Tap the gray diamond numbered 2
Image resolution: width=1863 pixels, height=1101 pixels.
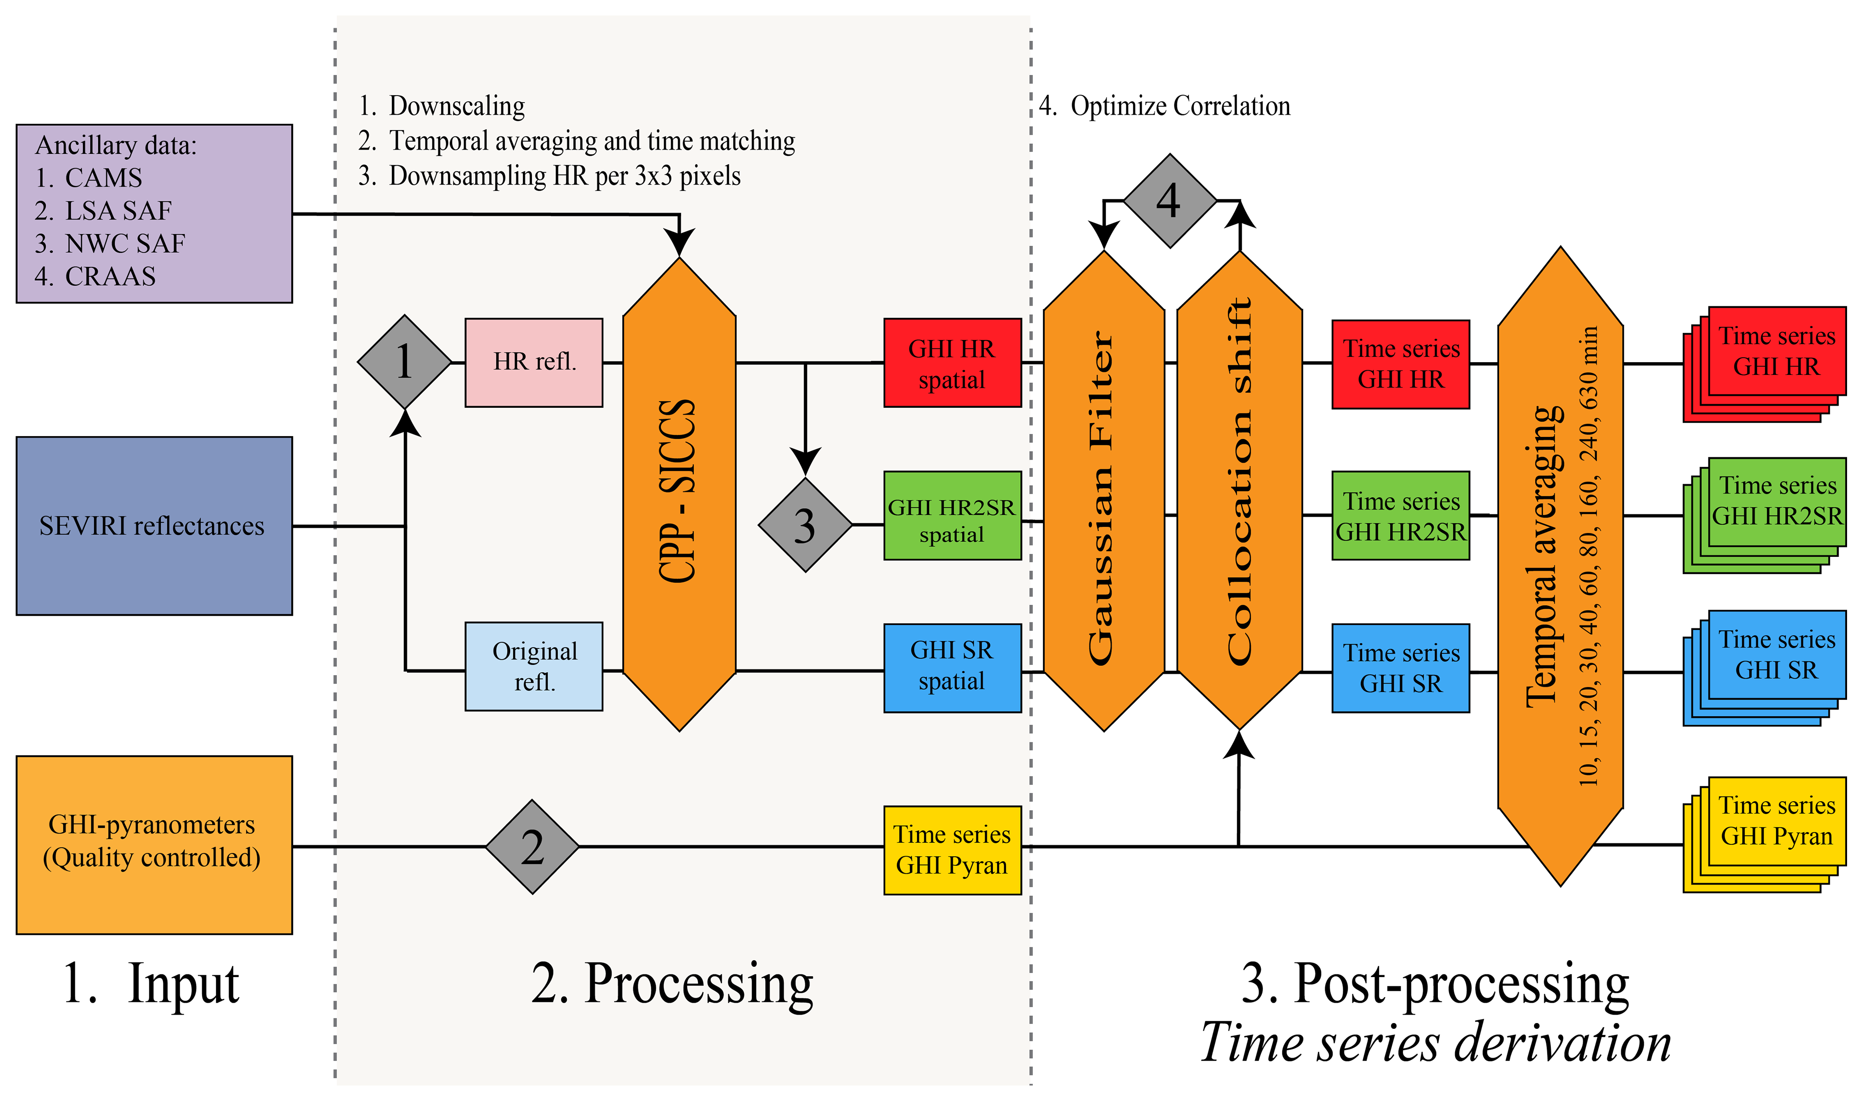tap(532, 846)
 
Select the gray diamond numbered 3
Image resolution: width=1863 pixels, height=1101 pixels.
tap(805, 525)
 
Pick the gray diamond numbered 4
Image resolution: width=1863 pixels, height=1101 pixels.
tap(1169, 200)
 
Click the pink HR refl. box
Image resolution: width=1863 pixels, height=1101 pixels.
tap(534, 362)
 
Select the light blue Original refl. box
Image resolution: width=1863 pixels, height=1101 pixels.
tap(534, 666)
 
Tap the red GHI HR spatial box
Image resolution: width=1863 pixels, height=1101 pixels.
tap(952, 363)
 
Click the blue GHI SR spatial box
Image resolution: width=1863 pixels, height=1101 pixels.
tap(952, 668)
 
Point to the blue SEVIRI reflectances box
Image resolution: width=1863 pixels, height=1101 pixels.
tap(154, 525)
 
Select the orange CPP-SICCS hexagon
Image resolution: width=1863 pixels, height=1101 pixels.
tap(679, 493)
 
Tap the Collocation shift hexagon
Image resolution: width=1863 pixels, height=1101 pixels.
tap(1239, 490)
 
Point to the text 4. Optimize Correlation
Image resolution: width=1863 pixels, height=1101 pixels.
tap(1165, 106)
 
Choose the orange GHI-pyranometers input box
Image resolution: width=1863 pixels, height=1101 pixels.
tap(154, 844)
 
